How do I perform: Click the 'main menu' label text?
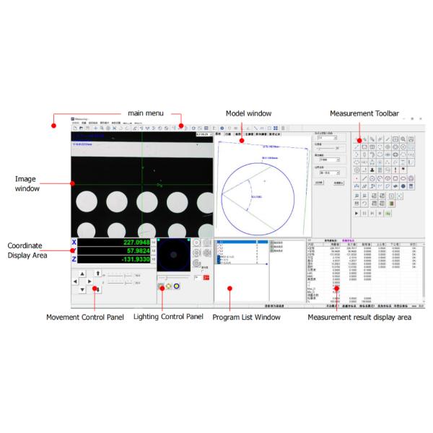point(146,113)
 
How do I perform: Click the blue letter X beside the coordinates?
point(74,242)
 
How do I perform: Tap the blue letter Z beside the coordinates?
point(74,259)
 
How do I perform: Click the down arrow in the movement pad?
point(82,289)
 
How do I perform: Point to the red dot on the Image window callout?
point(72,183)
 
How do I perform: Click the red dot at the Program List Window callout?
point(229,289)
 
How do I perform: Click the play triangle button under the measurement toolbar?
point(357,214)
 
